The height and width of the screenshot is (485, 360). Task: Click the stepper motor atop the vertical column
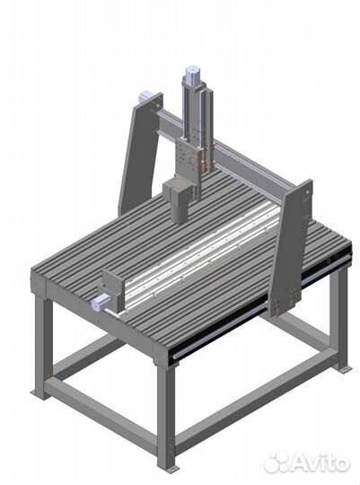[x=192, y=75]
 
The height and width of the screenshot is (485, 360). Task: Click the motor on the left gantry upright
[x=145, y=96]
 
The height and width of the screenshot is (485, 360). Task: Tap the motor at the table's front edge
[x=101, y=302]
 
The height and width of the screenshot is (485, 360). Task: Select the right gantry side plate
[x=293, y=248]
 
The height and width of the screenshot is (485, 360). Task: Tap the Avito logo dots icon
[x=277, y=463]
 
